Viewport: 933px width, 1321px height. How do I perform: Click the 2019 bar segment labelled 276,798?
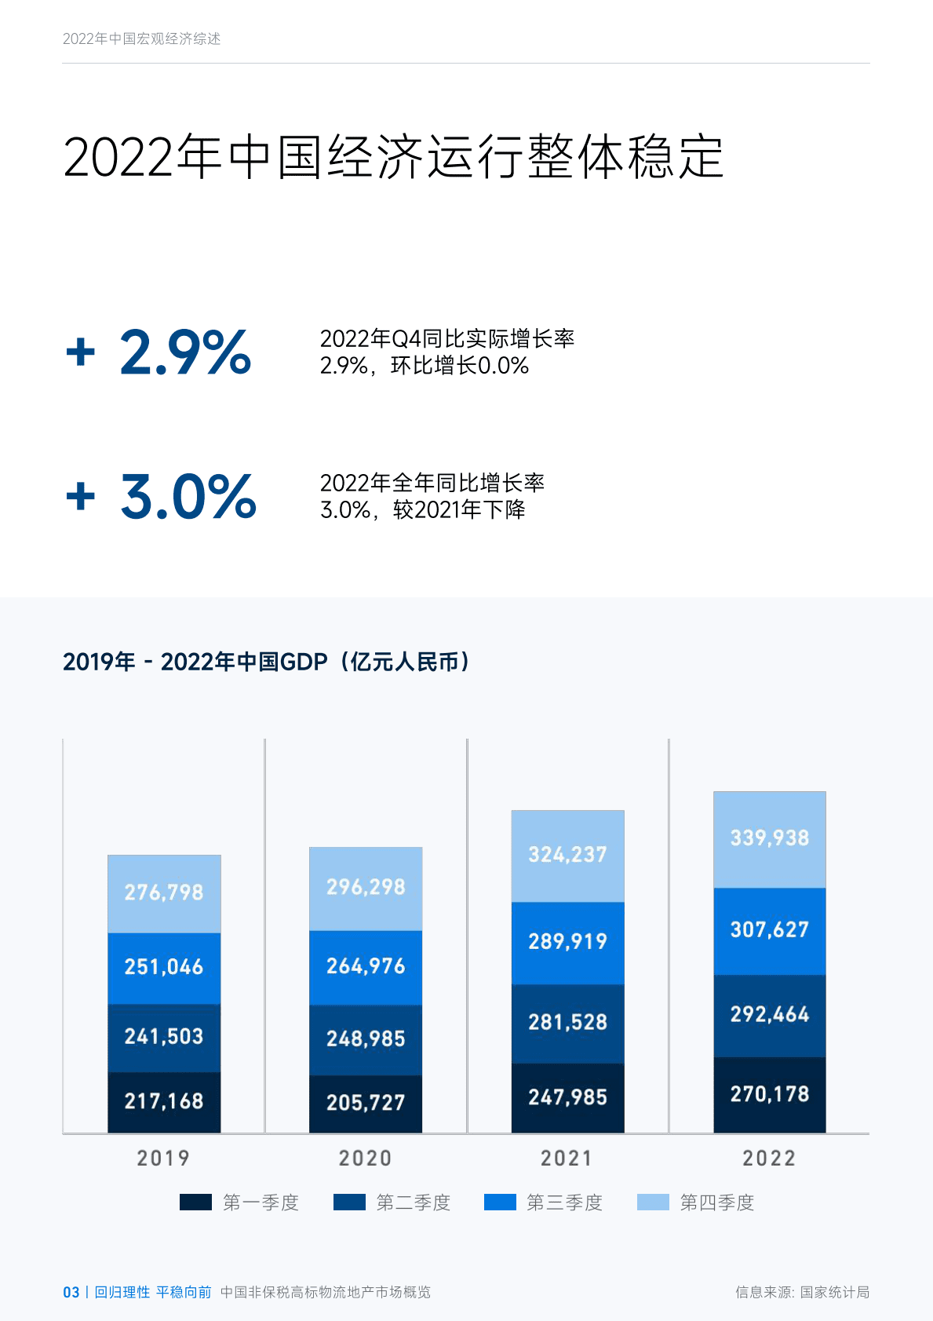coord(164,893)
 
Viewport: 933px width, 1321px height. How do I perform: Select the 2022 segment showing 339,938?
coord(769,839)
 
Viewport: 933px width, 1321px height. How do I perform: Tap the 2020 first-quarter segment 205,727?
coord(366,1104)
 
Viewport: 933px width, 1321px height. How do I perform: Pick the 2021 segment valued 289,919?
coord(567,942)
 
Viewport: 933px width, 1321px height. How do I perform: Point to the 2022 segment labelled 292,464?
coord(769,1015)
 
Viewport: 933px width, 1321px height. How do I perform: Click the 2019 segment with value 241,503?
coord(164,1037)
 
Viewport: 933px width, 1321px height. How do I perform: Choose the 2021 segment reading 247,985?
coord(567,1097)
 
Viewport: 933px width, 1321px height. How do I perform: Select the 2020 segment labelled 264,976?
coord(366,966)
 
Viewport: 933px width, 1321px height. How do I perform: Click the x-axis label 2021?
coord(567,1159)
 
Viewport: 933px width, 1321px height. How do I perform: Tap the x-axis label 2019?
coord(163,1159)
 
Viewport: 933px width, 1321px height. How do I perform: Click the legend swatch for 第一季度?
coord(195,1202)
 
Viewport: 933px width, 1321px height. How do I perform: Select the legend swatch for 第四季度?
coord(653,1202)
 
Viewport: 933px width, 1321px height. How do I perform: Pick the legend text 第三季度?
coord(564,1202)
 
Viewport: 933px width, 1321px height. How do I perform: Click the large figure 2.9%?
coord(185,352)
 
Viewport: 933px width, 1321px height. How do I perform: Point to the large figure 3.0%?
coord(188,497)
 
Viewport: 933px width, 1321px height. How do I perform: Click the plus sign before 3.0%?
coord(81,497)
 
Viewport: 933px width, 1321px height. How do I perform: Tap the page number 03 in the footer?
coord(71,1292)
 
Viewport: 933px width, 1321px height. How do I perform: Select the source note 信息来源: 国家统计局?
coord(802,1292)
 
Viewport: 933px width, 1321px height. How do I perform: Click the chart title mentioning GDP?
coord(267,662)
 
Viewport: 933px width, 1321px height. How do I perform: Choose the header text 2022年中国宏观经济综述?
coord(142,38)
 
